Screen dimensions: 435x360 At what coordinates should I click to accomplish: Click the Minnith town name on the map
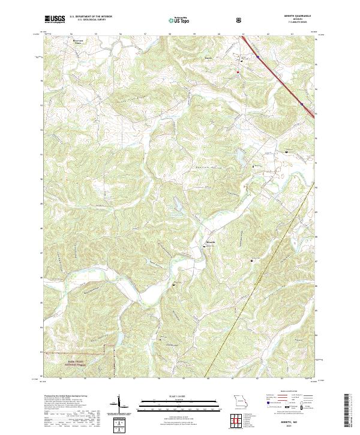click(210, 242)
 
